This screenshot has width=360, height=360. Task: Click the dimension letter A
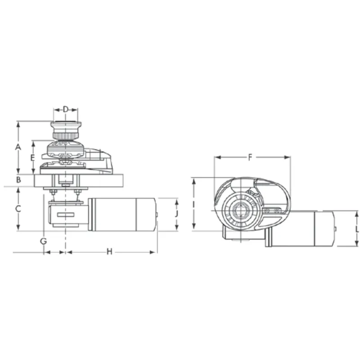[x=18, y=147]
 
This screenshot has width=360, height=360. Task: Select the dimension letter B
[x=18, y=180]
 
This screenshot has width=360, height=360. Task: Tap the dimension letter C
[x=18, y=209]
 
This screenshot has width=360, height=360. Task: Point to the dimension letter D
[x=66, y=109]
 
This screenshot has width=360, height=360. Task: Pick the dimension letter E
[x=32, y=157]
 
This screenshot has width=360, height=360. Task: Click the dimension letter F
[x=250, y=157]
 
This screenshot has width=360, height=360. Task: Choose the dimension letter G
[x=43, y=241]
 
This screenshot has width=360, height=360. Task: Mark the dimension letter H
[x=109, y=252]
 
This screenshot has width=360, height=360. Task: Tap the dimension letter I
[x=193, y=204]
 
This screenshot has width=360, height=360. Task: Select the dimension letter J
[x=176, y=214]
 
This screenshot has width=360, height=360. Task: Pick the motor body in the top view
[x=306, y=229]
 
